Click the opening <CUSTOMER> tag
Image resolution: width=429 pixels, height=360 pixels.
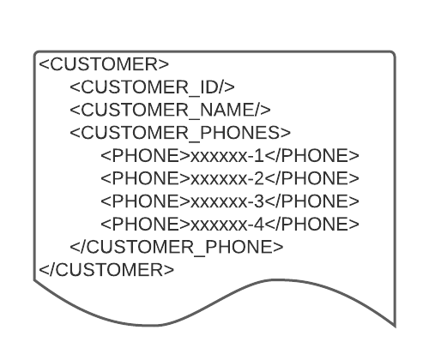tap(104, 64)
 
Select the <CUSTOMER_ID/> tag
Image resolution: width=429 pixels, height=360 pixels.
tap(152, 87)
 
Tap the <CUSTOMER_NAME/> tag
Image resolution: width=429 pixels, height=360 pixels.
tap(170, 110)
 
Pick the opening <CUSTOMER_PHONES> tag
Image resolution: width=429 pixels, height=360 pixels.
tap(180, 133)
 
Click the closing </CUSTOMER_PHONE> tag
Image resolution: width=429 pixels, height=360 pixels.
tap(177, 247)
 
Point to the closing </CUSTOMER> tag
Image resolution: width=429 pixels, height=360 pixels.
tap(106, 270)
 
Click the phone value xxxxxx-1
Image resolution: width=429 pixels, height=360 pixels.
tap(227, 156)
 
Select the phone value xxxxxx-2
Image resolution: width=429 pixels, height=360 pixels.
tap(227, 178)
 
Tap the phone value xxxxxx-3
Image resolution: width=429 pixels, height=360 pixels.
tap(227, 201)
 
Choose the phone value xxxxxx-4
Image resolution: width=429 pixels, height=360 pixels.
tap(227, 225)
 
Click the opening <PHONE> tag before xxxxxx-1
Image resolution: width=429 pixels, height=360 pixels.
tap(146, 156)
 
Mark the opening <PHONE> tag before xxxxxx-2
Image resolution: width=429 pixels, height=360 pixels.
tap(146, 178)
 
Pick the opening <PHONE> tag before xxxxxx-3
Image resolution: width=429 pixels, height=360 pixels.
tap(146, 201)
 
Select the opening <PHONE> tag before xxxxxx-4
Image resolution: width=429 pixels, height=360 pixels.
tap(146, 224)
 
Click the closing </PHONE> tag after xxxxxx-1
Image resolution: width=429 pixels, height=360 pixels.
tap(311, 156)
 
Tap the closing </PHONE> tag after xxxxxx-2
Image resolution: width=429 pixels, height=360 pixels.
tap(311, 178)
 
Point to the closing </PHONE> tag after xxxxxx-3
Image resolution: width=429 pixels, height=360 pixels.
tap(311, 201)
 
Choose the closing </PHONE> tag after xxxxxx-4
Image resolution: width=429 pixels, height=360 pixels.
tap(311, 224)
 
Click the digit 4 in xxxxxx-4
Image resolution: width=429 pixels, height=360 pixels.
tap(259, 224)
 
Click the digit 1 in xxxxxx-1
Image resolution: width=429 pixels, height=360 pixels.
tap(260, 156)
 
